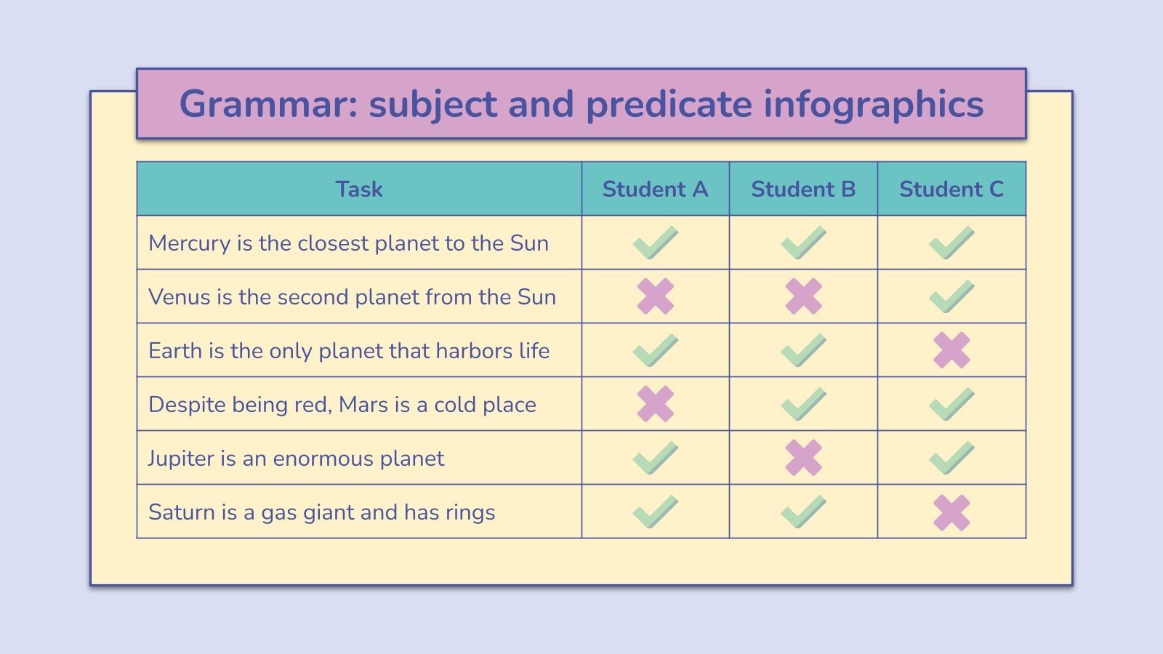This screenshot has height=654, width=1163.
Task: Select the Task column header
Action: [x=358, y=189]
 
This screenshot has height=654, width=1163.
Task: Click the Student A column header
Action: [x=655, y=189]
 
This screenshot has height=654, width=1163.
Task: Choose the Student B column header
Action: [x=803, y=189]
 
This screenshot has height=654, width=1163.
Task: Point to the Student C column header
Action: [x=951, y=189]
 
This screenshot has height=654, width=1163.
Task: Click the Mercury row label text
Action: [x=348, y=243]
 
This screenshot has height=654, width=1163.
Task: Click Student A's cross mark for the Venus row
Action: [x=655, y=296]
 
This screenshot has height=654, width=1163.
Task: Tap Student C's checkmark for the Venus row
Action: [x=951, y=296]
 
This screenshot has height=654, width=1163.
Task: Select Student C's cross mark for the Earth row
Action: [x=951, y=350]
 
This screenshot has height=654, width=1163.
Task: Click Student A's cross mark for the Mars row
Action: [x=655, y=404]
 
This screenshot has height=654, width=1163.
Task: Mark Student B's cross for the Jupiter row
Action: [x=803, y=458]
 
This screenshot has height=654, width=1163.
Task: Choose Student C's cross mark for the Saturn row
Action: [x=951, y=512]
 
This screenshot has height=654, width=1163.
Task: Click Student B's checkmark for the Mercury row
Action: [x=803, y=243]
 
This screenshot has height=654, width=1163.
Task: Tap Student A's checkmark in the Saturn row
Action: [x=655, y=512]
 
